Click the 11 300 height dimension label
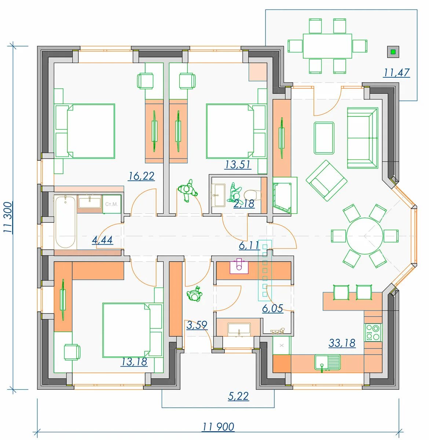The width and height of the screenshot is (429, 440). coord(8,217)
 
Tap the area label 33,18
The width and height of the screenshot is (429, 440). coord(342,343)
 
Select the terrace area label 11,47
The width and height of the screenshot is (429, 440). coord(396,73)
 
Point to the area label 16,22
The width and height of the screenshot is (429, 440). coord(141,176)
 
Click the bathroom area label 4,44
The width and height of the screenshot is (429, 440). coord(102,240)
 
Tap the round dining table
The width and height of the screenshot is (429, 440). coord(364,236)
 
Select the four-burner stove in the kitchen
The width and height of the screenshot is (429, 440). coord(373,332)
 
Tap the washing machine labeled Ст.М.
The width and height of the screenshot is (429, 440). coord(112,204)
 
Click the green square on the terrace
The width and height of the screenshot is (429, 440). coord(393,52)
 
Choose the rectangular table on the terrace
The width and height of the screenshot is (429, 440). coord(327,46)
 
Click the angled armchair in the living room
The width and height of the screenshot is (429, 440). coord(326,180)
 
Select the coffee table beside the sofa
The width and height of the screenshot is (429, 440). coord(324,138)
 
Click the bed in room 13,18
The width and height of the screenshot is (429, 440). coord(132,330)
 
